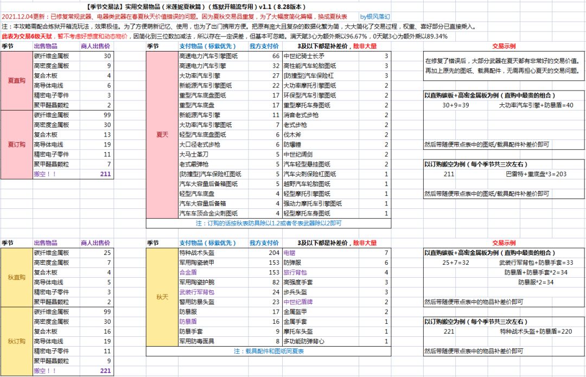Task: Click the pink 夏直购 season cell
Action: (16, 80)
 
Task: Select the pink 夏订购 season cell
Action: (16, 144)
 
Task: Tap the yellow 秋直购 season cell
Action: (16, 277)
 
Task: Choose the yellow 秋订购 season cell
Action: (16, 341)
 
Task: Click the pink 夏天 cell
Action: (162, 134)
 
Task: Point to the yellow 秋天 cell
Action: (162, 297)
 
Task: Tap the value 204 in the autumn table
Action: (273, 253)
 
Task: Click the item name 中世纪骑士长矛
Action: (304, 56)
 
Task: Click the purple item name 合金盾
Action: (188, 272)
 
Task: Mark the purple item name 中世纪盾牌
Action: (298, 302)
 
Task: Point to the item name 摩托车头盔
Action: (299, 331)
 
